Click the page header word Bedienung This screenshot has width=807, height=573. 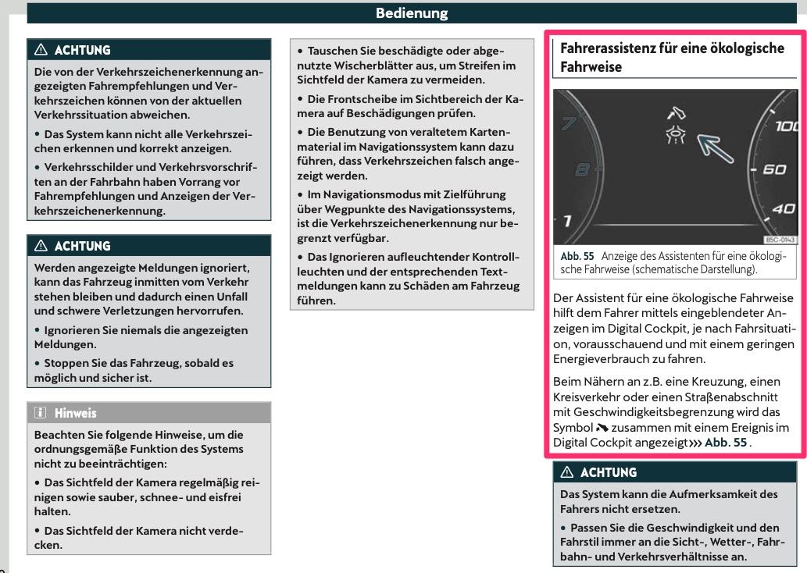pyautogui.click(x=411, y=12)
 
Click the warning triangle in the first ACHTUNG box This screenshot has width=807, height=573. pyautogui.click(x=39, y=51)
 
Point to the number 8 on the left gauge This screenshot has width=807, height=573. pyautogui.click(x=582, y=168)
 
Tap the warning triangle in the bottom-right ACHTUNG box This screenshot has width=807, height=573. pyautogui.click(x=568, y=472)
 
